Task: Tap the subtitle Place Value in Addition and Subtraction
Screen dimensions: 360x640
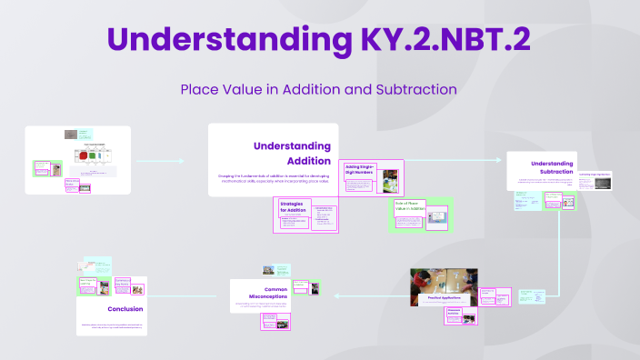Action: [x=318, y=90]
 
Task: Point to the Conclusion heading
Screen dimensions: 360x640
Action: [x=125, y=308]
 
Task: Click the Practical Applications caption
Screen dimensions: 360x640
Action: [x=445, y=296]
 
